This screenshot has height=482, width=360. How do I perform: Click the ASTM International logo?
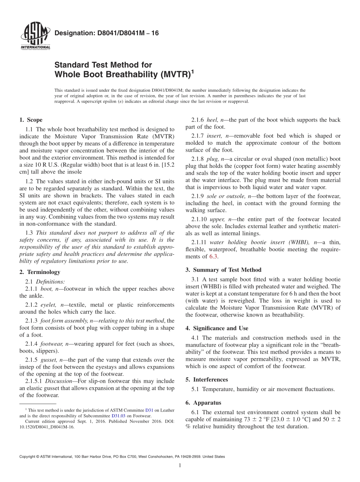tap(35, 37)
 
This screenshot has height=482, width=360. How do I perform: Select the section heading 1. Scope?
tap(31, 120)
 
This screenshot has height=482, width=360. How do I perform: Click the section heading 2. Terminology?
tap(40, 272)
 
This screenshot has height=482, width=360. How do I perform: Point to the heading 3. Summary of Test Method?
tap(223, 270)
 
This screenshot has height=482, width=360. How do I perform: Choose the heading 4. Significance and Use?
tap(217, 328)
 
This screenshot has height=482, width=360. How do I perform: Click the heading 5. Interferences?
tap(207, 379)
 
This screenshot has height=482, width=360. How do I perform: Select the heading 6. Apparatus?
tap(203, 403)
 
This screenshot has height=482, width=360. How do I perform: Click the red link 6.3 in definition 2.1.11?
tap(214, 257)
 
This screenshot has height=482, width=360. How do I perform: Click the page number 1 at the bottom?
tap(180, 465)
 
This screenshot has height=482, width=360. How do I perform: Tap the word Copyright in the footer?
tap(29, 457)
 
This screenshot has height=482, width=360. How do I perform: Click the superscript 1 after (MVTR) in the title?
tap(192, 71)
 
